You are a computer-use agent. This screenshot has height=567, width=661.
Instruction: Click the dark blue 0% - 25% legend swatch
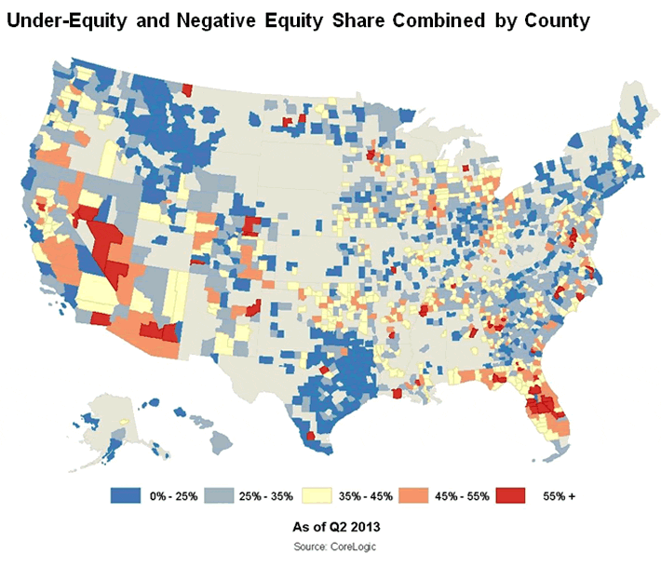pos(128,495)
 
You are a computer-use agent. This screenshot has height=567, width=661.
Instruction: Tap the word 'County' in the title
pos(556,21)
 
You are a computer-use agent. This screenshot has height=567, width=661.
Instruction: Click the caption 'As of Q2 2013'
pos(334,526)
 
